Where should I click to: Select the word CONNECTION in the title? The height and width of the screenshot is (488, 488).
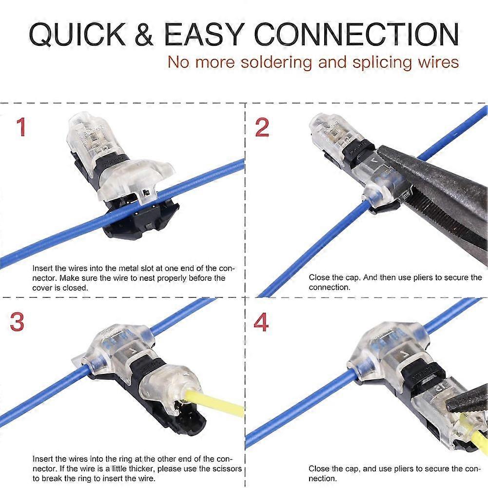pyautogui.click(x=356, y=35)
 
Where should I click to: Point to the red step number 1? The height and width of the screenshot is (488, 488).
pyautogui.click(x=21, y=127)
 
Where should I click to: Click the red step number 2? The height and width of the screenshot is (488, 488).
pyautogui.click(x=262, y=127)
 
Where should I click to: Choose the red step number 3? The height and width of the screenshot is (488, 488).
pyautogui.click(x=17, y=321)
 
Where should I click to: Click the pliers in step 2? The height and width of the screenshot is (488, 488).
pyautogui.click(x=439, y=195)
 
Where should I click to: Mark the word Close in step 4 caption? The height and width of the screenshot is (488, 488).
pyautogui.click(x=318, y=468)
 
